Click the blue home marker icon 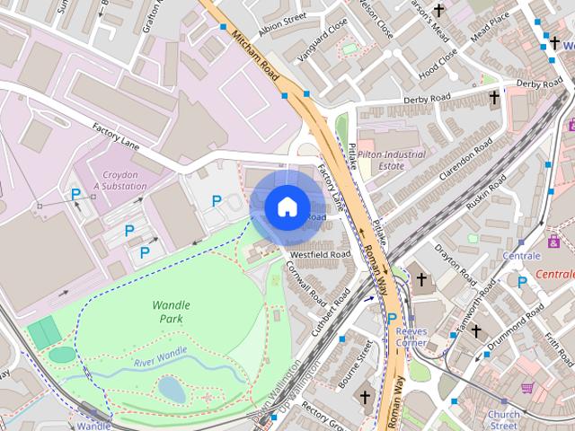(286, 207)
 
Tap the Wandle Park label (171, 312)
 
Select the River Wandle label (160, 356)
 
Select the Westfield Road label (320, 254)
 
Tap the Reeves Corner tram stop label (411, 338)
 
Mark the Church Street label (503, 419)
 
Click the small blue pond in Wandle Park (171, 389)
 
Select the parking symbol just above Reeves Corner (392, 318)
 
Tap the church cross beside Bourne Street (365, 396)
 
